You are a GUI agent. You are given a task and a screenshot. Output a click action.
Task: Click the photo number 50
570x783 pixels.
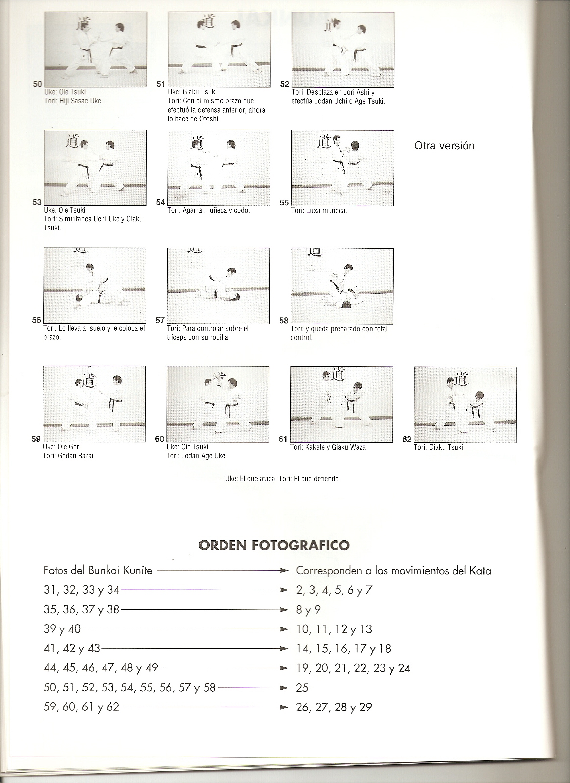click(37, 84)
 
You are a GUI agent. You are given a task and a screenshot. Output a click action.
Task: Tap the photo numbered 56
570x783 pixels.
click(95, 286)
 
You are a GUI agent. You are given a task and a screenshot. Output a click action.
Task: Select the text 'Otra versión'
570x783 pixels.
click(444, 146)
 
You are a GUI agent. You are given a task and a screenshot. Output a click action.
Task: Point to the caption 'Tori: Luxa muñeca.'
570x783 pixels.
click(319, 211)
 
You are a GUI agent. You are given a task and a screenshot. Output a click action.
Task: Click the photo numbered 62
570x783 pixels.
click(465, 405)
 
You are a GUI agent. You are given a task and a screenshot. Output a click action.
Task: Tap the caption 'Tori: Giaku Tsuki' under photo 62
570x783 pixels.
click(438, 447)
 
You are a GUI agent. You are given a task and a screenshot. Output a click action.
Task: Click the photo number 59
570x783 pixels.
click(36, 439)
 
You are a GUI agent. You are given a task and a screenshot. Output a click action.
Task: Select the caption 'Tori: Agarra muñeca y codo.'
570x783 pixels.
click(209, 210)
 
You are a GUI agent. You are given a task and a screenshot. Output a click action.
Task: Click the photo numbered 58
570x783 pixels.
click(342, 286)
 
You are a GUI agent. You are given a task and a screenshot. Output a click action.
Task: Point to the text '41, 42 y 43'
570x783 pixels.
click(71, 649)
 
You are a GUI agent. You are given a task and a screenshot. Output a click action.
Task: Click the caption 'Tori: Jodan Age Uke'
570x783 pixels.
click(196, 456)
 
